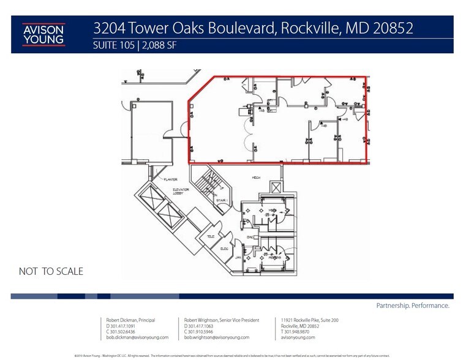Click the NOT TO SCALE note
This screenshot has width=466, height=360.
(x=51, y=271)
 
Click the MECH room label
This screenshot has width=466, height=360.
(x=257, y=178)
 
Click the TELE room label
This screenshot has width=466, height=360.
(x=211, y=238)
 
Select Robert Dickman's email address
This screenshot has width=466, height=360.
(x=130, y=337)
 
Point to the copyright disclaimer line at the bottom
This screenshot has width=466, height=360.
(x=233, y=354)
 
